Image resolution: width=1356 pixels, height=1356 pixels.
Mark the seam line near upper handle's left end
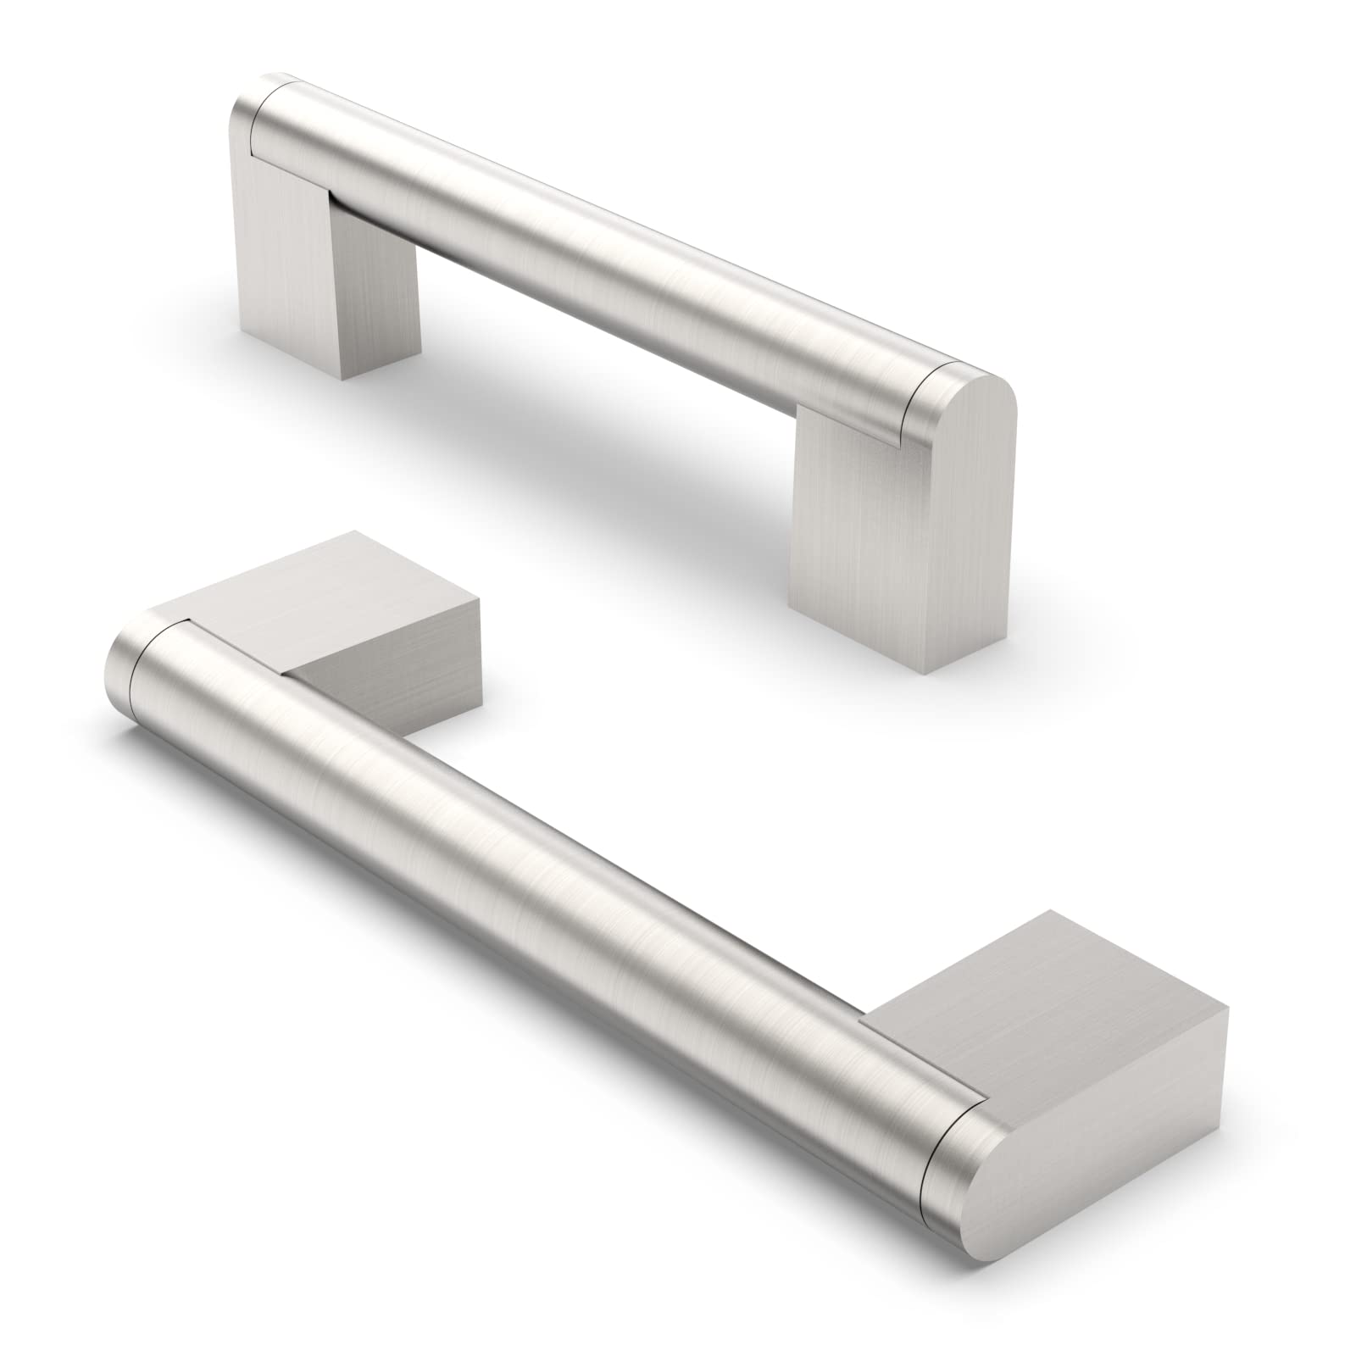[254, 127]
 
